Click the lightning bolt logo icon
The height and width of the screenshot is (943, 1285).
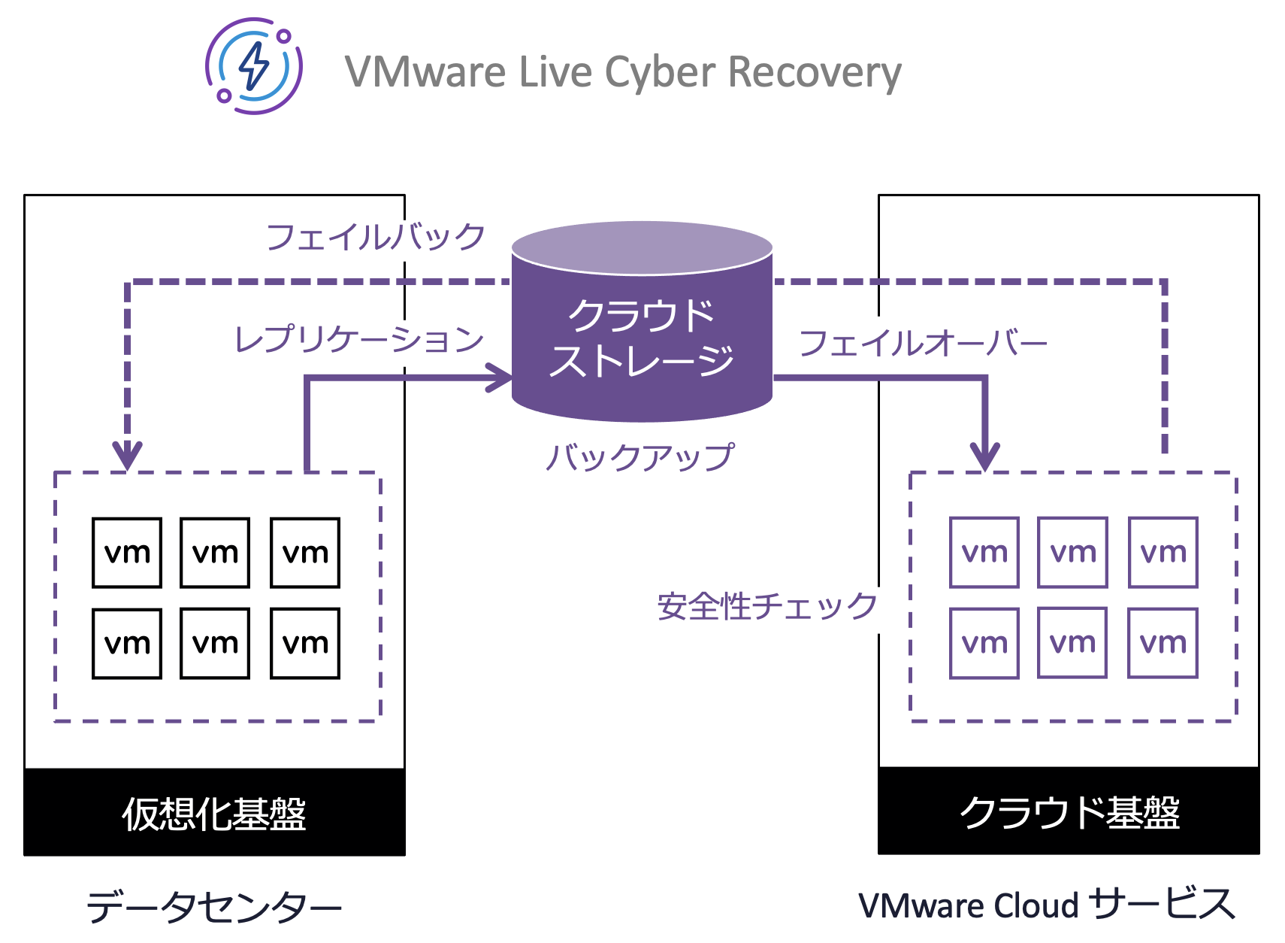click(254, 66)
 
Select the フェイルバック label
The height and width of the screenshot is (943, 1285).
click(375, 237)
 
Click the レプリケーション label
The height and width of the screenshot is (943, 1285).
click(358, 339)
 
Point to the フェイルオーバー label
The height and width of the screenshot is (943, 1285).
click(922, 343)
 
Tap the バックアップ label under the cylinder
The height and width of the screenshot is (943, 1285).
click(639, 456)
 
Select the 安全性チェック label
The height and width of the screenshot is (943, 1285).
click(766, 606)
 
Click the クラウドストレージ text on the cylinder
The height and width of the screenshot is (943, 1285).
click(641, 338)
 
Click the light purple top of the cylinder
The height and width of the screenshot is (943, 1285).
click(642, 246)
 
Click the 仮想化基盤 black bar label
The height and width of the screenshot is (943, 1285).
click(214, 813)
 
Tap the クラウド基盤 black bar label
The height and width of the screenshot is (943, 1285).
click(1069, 812)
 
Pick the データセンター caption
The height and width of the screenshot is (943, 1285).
click(214, 905)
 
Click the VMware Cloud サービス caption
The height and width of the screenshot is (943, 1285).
click(1046, 904)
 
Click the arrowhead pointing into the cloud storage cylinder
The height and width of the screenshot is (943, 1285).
click(500, 377)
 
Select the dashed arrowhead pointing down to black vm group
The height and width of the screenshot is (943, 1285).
click(128, 456)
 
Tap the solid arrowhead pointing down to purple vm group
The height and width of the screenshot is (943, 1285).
click(984, 456)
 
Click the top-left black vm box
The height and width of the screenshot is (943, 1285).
click(127, 553)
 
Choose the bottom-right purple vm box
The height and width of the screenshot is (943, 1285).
click(1163, 643)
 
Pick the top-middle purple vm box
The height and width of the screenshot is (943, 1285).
click(1072, 553)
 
